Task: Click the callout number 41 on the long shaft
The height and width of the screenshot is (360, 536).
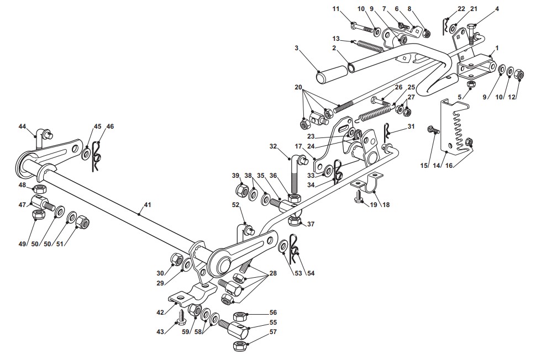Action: pos(147,205)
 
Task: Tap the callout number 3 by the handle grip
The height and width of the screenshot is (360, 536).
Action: pos(296,48)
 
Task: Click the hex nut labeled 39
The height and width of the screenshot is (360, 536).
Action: pos(243,189)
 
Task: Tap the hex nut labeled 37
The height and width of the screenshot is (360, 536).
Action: pos(295,221)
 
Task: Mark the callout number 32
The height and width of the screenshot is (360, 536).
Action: pos(273,146)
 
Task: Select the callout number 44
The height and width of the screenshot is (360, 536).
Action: pos(22,126)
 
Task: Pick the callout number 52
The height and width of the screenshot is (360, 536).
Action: pos(236,205)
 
